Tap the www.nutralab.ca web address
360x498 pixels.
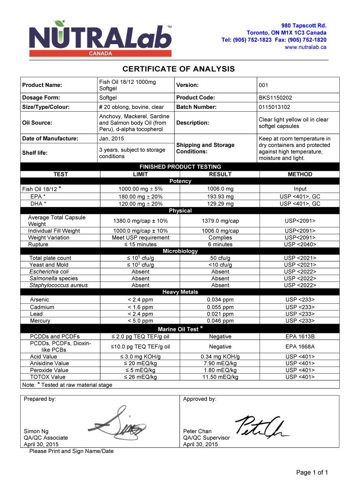click(305, 47)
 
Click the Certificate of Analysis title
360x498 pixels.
click(178, 69)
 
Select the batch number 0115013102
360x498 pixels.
click(274, 107)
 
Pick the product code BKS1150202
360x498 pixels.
click(275, 98)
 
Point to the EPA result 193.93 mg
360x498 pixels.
click(220, 197)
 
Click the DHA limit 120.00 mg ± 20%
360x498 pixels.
click(140, 203)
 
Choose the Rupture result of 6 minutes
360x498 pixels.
click(220, 244)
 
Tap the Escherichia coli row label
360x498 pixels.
click(49, 271)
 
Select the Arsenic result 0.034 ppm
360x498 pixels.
click(220, 300)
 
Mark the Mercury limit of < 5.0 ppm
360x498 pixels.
click(140, 321)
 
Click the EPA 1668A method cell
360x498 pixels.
click(300, 347)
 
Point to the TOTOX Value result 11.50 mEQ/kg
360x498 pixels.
click(220, 377)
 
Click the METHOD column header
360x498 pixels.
click(300, 174)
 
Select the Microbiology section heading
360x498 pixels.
click(180, 251)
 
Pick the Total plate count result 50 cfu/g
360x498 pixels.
click(220, 258)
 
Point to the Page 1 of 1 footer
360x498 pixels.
click(312, 473)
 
